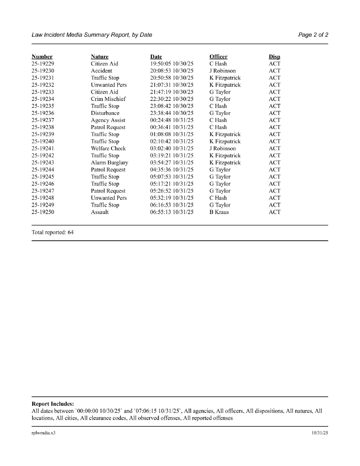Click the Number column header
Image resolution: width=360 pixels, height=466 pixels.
42,57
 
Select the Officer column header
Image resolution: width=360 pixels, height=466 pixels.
218,57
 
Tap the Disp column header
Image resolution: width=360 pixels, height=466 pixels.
274,57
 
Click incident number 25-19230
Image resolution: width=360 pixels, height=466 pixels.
43,71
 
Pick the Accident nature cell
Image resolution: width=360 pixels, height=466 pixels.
102,71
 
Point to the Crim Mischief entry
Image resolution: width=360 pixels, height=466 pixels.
108,99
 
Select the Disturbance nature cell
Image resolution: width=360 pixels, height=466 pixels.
105,113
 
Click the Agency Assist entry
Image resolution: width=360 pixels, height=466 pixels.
108,120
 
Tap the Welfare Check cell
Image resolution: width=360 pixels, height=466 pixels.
108,149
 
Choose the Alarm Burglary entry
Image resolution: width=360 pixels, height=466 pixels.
110,163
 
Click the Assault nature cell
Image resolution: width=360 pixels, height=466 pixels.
100,212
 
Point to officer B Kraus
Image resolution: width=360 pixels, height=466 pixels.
219,212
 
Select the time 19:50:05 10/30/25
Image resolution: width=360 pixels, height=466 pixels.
172,64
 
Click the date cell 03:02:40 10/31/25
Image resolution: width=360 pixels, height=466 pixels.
172,149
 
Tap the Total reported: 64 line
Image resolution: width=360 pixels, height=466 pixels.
53,232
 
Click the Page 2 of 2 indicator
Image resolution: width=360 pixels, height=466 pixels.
313,35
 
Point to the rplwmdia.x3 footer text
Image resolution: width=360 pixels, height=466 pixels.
44,433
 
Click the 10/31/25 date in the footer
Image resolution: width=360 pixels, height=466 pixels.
320,433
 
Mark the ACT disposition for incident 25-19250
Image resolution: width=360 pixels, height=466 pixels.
274,212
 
